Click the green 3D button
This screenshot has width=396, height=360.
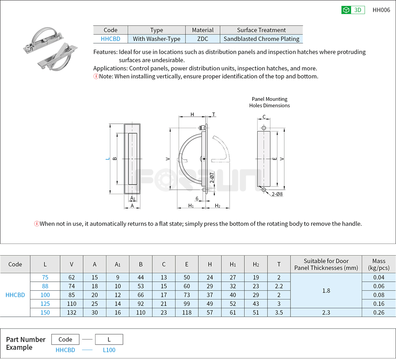click(x=353, y=10)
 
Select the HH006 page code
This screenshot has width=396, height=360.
click(x=381, y=10)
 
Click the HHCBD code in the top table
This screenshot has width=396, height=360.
click(x=110, y=39)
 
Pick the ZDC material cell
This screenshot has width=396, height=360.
click(x=203, y=39)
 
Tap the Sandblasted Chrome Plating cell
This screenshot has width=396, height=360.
click(x=261, y=39)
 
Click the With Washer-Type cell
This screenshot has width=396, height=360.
click(x=156, y=39)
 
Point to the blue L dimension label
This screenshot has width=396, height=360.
click(x=107, y=159)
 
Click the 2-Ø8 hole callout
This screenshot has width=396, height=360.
click(x=277, y=194)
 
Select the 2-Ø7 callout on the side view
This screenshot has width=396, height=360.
click(x=212, y=178)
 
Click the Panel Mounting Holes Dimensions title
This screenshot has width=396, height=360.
click(x=270, y=102)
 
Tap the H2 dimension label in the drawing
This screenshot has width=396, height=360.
click(x=218, y=205)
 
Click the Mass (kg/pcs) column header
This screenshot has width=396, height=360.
click(x=378, y=264)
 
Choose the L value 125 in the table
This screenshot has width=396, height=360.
click(x=45, y=304)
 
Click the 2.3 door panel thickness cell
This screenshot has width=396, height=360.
click(x=326, y=312)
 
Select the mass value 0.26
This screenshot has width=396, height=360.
click(x=378, y=312)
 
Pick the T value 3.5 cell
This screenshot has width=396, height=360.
click(x=279, y=312)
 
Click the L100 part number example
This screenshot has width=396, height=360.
click(x=109, y=350)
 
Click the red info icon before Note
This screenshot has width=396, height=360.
click(x=96, y=76)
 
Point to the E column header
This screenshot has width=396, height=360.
click(x=187, y=264)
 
